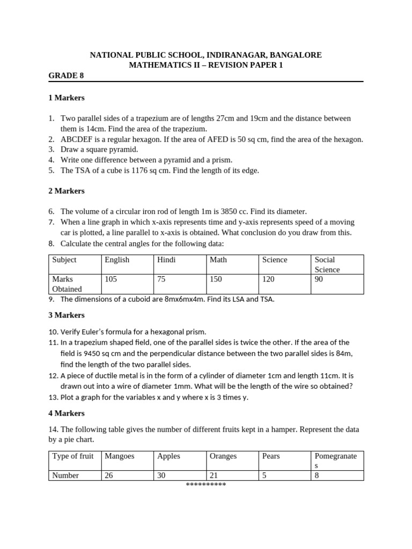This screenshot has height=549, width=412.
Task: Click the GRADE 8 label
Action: click(x=66, y=76)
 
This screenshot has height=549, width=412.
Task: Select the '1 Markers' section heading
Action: click(x=67, y=98)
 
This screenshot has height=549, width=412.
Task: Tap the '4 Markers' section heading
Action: click(x=67, y=413)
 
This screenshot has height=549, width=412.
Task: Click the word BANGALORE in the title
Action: click(x=296, y=55)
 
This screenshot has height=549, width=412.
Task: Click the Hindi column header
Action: click(x=166, y=260)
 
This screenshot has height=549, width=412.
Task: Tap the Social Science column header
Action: click(x=327, y=264)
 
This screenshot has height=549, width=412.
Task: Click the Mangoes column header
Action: click(x=120, y=456)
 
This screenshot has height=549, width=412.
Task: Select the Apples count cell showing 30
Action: click(x=162, y=475)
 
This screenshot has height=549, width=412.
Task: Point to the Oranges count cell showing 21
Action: click(x=214, y=475)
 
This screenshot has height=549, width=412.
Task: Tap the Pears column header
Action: click(x=271, y=456)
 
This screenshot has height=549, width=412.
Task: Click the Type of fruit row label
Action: click(x=72, y=456)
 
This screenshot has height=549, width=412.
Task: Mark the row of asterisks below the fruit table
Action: click(x=206, y=485)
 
